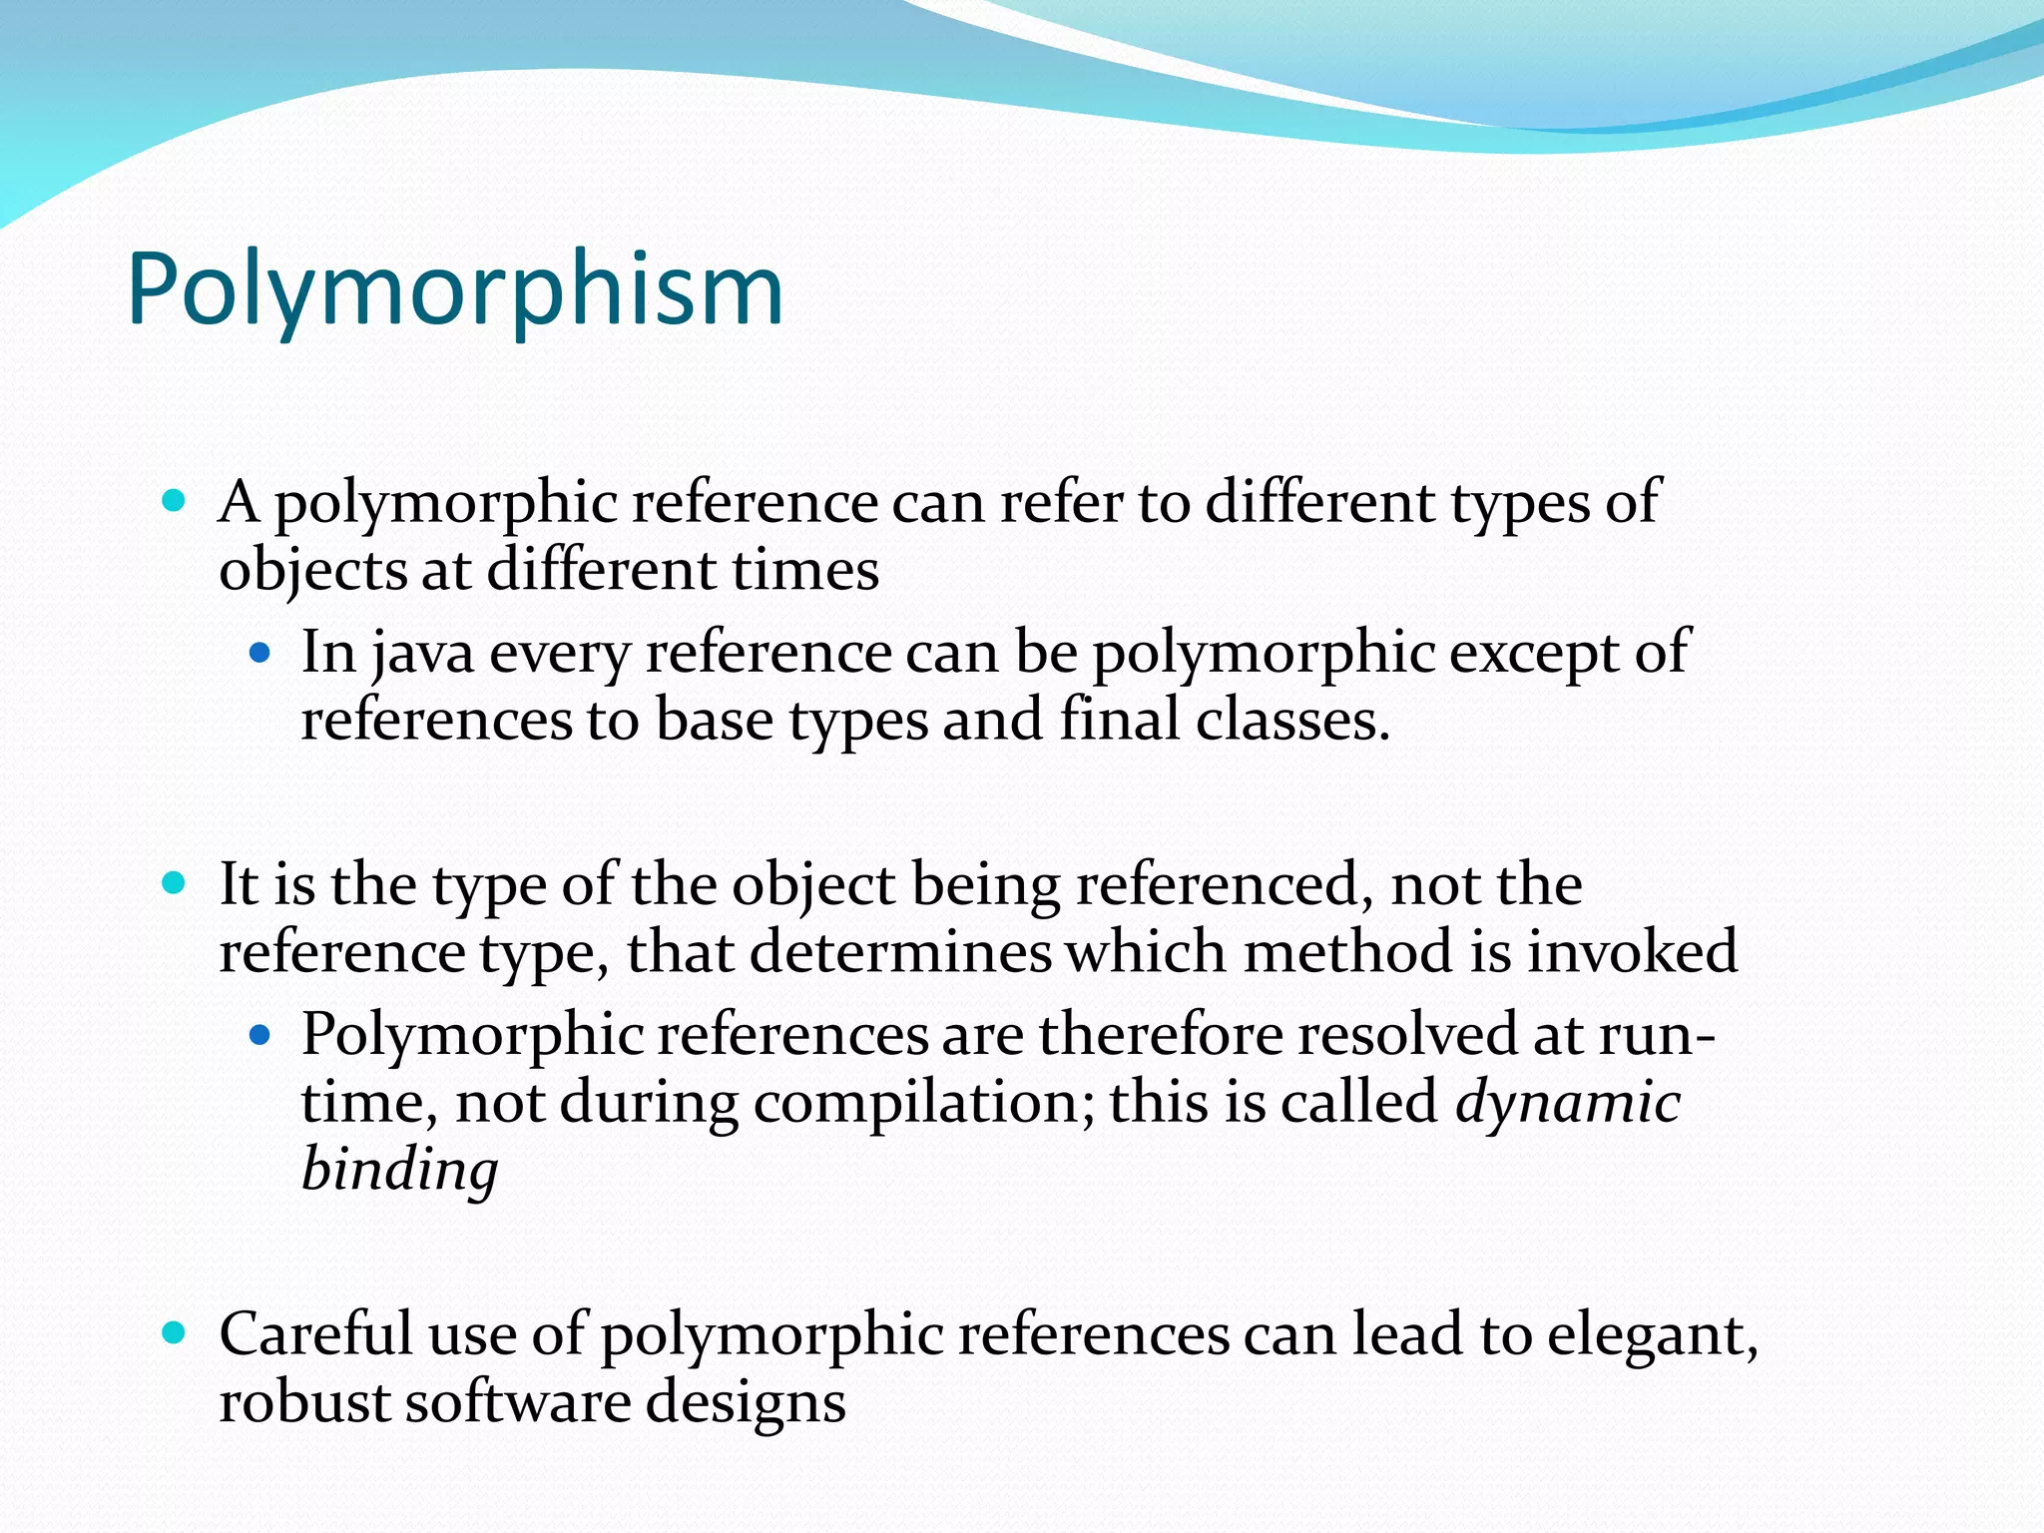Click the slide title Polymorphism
tap(455, 289)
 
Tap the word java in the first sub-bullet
tap(422, 654)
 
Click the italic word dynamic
tap(1568, 1103)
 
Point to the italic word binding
tap(399, 1170)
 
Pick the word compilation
tap(923, 1103)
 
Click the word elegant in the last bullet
tap(1651, 1334)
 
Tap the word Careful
tap(315, 1334)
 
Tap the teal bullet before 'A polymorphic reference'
tap(174, 501)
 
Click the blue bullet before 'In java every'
tap(260, 654)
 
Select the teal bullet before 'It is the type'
tap(174, 883)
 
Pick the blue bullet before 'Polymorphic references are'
tap(260, 1036)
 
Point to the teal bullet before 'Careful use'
tap(174, 1333)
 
